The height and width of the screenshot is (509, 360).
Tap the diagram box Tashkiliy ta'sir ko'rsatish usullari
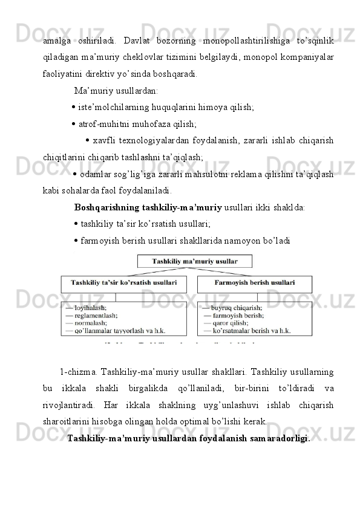124,282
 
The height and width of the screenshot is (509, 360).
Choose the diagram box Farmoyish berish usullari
255,282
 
